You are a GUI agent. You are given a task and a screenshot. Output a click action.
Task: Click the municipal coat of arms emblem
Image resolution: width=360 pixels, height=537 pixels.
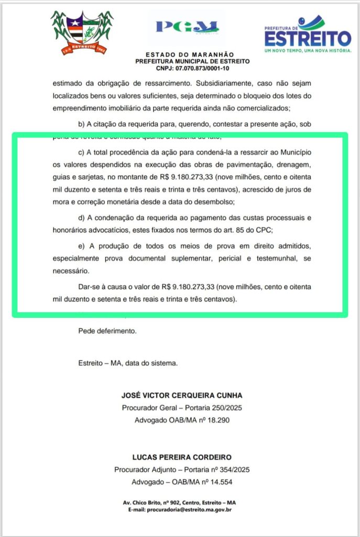pos(82,33)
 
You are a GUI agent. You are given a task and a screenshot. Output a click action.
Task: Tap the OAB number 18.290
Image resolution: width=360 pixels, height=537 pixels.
pos(216,421)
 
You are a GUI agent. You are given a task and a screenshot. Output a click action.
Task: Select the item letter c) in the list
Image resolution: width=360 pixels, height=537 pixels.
pos(81,153)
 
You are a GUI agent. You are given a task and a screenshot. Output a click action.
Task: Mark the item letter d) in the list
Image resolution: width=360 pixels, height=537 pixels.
pos(81,217)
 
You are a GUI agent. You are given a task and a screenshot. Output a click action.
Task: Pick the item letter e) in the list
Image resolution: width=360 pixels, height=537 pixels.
pos(81,246)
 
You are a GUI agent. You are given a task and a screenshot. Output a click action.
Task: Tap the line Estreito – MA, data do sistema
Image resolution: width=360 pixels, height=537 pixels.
pos(128,363)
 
